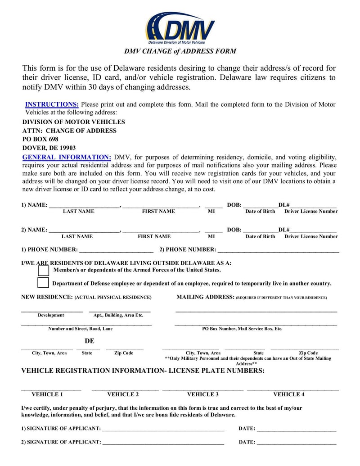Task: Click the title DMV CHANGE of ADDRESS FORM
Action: coord(180,51)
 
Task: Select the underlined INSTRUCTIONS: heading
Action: coord(52,104)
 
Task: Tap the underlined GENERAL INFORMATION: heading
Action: coord(67,158)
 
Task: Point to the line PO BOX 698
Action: coord(40,139)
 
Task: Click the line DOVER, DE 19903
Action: coord(49,148)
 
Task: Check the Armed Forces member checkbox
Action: coord(44,270)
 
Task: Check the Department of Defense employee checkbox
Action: coord(43,283)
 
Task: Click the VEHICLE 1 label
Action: coord(47,394)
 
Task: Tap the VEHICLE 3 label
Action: coord(203,394)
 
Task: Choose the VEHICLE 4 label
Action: coord(289,394)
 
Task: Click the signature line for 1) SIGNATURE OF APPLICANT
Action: coord(163,429)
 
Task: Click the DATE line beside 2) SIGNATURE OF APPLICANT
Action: coord(297,443)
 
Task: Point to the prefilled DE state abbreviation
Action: coord(90,341)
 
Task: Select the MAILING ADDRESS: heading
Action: coord(205,297)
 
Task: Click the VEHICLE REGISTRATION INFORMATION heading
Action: coord(143,371)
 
